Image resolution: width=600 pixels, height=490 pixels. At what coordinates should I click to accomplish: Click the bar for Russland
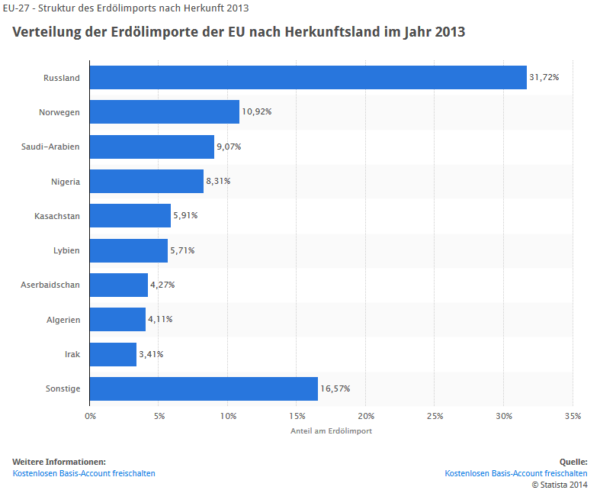(x=308, y=77)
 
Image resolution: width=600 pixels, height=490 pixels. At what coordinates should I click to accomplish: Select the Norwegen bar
(x=165, y=111)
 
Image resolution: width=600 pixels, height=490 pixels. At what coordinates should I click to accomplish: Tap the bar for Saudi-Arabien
(x=152, y=147)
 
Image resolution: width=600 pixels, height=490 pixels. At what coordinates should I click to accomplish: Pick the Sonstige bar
(x=204, y=388)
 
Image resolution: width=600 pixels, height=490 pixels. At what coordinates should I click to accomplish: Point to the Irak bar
(x=113, y=354)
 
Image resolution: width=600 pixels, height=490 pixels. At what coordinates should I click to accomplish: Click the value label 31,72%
(x=544, y=77)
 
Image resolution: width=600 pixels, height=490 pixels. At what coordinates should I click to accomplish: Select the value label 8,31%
(x=218, y=181)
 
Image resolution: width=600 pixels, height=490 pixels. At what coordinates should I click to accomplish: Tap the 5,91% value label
(x=185, y=216)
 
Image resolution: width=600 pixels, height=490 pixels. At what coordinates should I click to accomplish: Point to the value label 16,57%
(x=335, y=388)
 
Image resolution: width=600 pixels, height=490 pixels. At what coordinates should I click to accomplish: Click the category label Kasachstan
(x=57, y=216)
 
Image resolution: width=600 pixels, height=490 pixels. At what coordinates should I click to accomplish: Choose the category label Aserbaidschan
(x=50, y=285)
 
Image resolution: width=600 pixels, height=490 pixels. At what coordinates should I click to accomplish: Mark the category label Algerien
(x=63, y=320)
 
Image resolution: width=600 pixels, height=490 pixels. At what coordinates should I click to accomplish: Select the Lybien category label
(x=66, y=250)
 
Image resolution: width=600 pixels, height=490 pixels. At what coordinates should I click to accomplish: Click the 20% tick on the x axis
(x=366, y=416)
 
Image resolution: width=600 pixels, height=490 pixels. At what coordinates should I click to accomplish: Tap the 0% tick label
(x=90, y=416)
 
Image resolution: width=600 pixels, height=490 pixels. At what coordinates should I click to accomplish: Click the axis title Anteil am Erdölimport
(x=331, y=431)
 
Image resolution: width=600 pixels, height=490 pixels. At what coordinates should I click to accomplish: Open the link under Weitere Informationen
(x=84, y=473)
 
